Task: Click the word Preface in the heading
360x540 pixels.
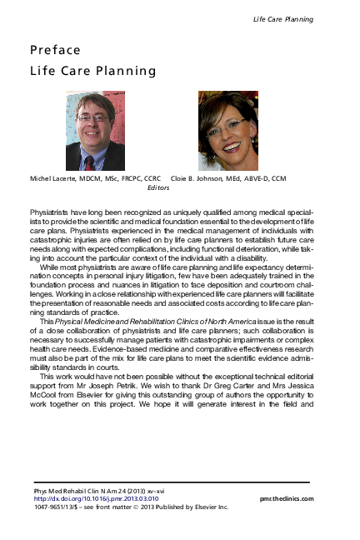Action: [55, 51]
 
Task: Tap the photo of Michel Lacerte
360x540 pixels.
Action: [95, 131]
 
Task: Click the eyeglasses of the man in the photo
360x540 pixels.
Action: [92, 118]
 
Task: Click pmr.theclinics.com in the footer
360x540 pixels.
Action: [287, 499]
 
